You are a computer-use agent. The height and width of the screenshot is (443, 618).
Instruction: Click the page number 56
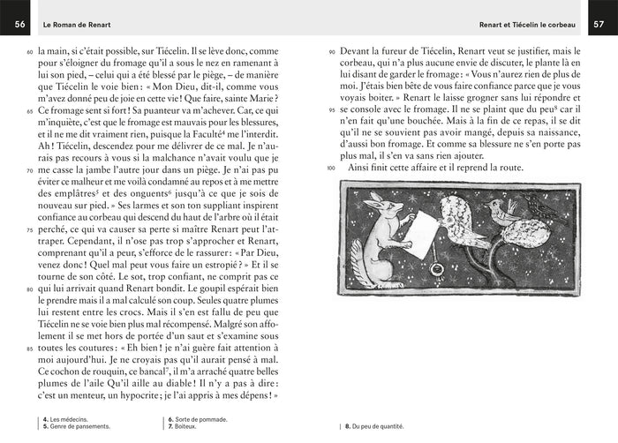tap(17, 22)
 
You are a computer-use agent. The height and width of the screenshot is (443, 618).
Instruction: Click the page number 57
tap(599, 22)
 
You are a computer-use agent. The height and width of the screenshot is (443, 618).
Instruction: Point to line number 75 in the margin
tap(29, 229)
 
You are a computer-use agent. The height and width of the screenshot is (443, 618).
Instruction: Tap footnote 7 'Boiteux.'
tap(180, 425)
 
